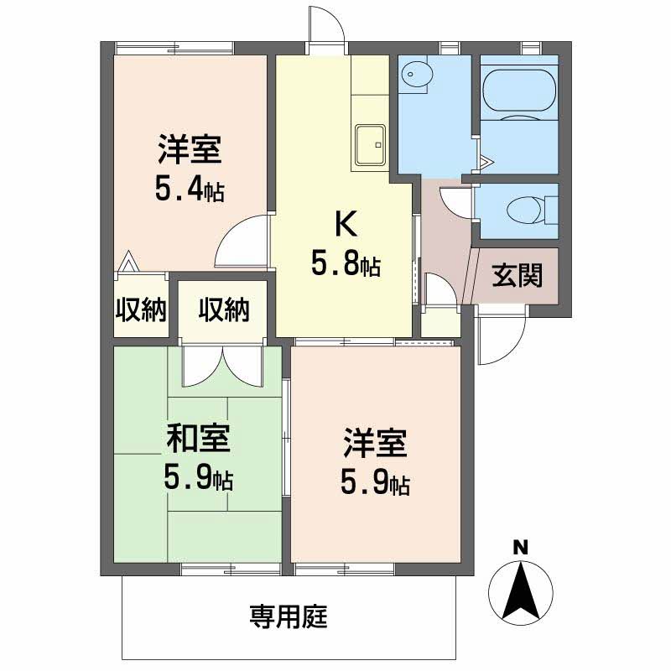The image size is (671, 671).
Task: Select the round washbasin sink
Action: (x=417, y=75)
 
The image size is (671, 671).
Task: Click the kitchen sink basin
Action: (x=370, y=145)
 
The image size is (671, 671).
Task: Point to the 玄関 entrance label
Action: (x=517, y=275)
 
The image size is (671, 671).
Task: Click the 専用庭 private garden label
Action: (x=289, y=616)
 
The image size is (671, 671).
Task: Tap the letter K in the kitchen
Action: (x=346, y=223)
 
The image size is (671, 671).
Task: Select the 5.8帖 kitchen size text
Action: (x=346, y=263)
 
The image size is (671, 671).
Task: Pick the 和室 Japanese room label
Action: (x=198, y=438)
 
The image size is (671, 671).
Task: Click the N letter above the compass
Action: (x=520, y=548)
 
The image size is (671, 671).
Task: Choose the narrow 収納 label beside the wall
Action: (x=141, y=309)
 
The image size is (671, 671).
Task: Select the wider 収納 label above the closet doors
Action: (x=224, y=309)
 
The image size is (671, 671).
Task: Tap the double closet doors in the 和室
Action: (x=221, y=366)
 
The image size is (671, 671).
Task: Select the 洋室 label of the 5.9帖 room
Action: (x=374, y=443)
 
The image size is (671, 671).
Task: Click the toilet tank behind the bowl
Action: (x=551, y=211)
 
